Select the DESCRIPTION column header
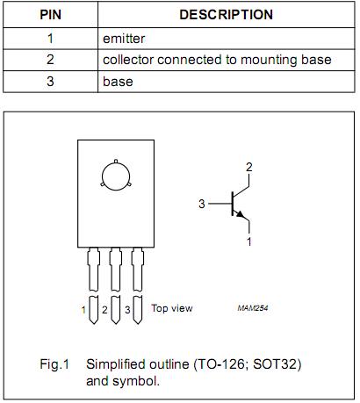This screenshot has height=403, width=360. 226,15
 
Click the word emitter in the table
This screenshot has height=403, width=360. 123,39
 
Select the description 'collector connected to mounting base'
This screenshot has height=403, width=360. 217,60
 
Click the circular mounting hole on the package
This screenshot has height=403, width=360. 115,176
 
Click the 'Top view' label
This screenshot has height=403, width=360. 171,308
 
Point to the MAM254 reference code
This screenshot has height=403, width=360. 251,309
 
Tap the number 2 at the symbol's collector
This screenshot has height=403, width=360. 249,167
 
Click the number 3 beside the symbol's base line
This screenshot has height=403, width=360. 201,204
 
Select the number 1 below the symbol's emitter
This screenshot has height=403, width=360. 249,241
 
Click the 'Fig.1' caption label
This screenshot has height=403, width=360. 54,363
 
